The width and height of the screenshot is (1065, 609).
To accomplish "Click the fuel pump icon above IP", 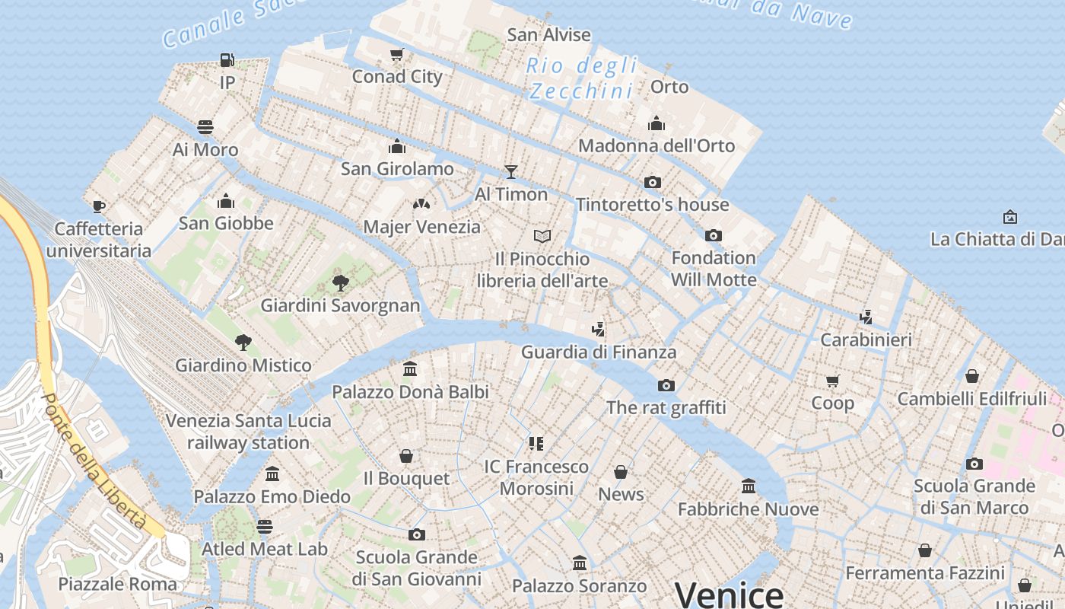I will coord(227,59).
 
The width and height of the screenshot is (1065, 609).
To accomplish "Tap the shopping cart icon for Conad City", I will coord(396,54).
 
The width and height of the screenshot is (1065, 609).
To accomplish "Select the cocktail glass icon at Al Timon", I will coord(510,171).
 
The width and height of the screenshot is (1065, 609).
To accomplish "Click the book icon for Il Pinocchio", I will coord(542,236).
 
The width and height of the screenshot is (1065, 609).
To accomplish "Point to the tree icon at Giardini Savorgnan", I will coord(340,283).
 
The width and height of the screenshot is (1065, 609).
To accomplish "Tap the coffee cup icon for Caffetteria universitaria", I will coord(98,206).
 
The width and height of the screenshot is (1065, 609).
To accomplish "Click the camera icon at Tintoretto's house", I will coord(652,182).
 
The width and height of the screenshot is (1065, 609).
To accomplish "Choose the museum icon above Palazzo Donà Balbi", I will coord(410,369).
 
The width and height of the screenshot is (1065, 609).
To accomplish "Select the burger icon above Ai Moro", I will coord(205,126).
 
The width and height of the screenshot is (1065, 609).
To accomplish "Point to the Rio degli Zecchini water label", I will coord(582,78).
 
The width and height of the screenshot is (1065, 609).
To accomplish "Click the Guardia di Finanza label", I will coord(599,352).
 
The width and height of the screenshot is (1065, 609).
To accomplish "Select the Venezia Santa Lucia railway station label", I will coord(248,431).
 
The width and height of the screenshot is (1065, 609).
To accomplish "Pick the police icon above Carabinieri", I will coord(866,317).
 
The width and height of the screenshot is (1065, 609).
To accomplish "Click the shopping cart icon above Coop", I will coord(832,380).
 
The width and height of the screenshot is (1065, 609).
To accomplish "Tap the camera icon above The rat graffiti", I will coord(666,385).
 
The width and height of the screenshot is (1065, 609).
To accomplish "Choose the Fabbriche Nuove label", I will coord(748,509).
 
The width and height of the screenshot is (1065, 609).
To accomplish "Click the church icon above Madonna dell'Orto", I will coord(656,123).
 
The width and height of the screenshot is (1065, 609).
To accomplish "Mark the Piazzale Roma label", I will coord(117,584).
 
